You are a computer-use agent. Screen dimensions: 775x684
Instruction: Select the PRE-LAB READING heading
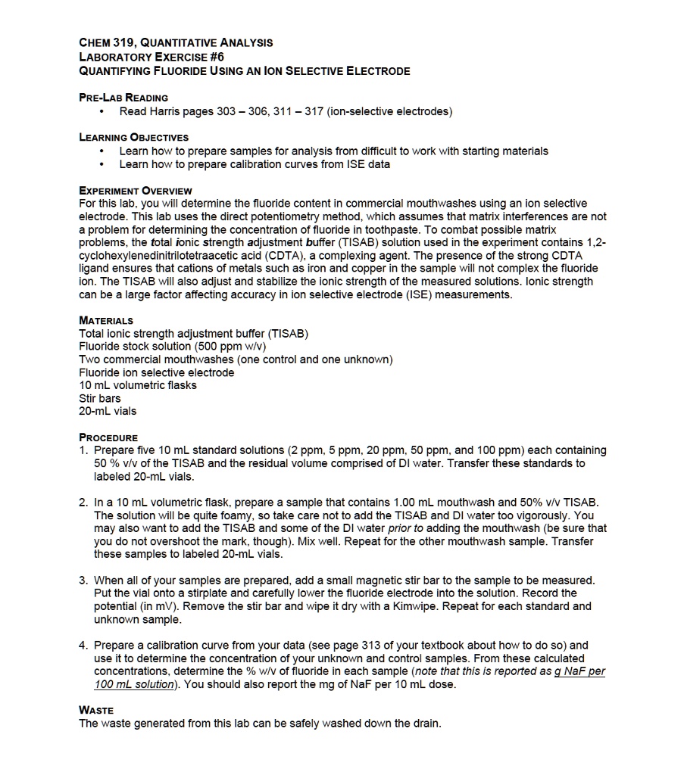pos(123,98)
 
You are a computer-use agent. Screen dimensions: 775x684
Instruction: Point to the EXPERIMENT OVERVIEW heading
pos(136,191)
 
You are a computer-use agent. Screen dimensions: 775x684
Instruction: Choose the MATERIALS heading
pos(106,321)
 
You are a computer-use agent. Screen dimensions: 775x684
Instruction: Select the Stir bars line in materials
pos(100,398)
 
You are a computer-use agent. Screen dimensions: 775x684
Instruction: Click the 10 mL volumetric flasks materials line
pos(138,385)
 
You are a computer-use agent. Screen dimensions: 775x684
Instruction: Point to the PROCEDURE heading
pos(108,437)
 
